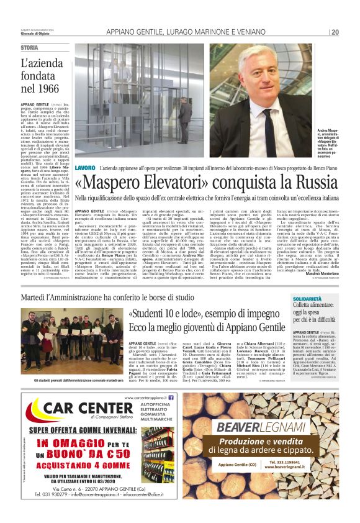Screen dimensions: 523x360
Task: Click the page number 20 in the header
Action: (x=335, y=32)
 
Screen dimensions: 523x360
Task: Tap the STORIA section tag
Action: (x=29, y=48)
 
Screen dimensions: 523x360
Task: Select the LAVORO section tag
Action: (x=84, y=151)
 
